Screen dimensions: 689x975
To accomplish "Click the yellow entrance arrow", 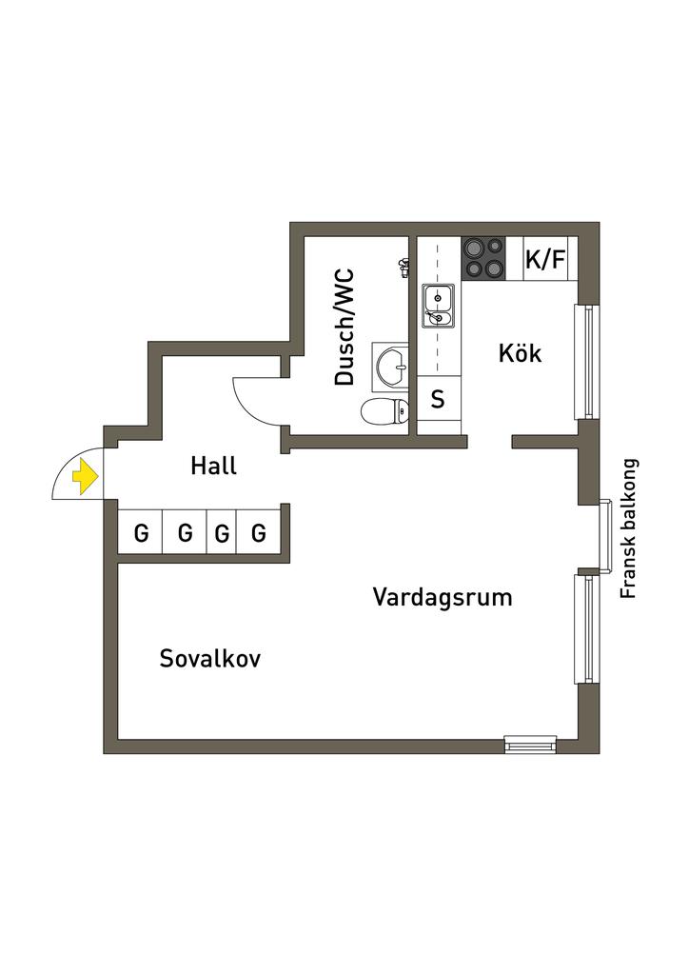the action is tap(85, 475).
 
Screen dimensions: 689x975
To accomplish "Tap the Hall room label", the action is tap(213, 467).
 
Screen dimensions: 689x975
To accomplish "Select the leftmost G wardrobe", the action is tap(141, 533).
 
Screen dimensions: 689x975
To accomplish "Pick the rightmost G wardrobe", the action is tap(259, 533).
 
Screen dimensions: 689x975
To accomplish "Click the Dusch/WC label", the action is tap(344, 328).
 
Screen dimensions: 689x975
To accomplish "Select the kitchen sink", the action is tap(438, 305).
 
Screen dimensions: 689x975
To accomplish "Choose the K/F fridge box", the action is tap(545, 259).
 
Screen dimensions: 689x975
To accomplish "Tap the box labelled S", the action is tap(438, 399).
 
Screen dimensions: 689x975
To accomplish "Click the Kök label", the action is tap(520, 353).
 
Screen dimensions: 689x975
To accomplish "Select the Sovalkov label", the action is tap(210, 659).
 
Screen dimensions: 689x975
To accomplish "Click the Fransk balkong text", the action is tap(628, 529).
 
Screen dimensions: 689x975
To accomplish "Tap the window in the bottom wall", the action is tap(530, 744).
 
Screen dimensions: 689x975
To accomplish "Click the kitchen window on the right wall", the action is tap(588, 362).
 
